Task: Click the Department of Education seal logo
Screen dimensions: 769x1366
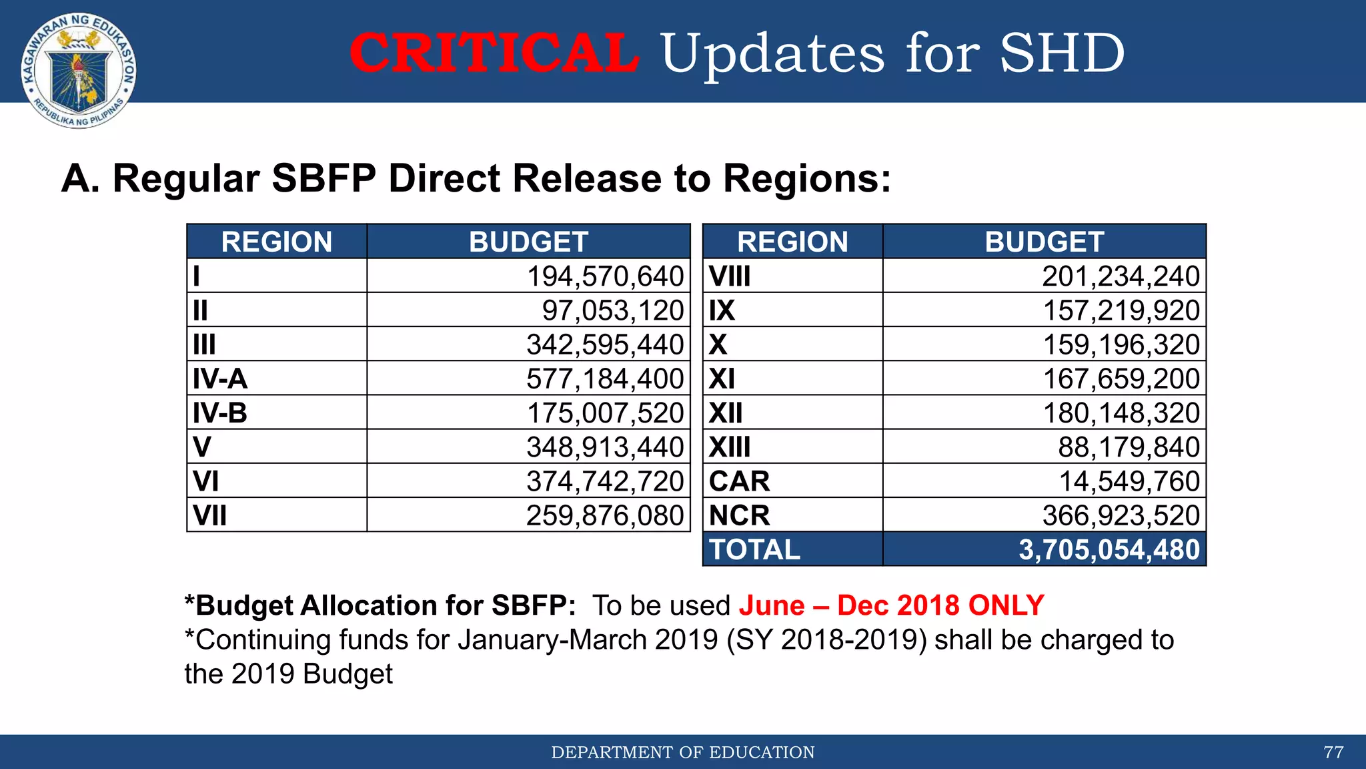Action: pyautogui.click(x=79, y=70)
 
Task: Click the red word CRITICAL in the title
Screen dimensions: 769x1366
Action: pyautogui.click(x=494, y=53)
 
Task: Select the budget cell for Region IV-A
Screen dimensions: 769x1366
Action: pyautogui.click(x=604, y=378)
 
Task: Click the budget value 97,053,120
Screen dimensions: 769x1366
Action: pyautogui.click(x=612, y=310)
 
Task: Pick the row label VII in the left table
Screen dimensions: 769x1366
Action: pyautogui.click(x=209, y=515)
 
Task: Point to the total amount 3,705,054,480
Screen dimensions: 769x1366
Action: pyautogui.click(x=1109, y=549)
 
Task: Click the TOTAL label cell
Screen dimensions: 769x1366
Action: pyautogui.click(x=754, y=549)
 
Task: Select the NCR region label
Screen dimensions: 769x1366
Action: pyautogui.click(x=739, y=515)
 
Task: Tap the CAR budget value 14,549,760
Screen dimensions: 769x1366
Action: pyautogui.click(x=1129, y=481)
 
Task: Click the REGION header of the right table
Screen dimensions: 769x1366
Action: pyautogui.click(x=792, y=242)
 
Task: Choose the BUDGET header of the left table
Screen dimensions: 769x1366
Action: pyautogui.click(x=528, y=242)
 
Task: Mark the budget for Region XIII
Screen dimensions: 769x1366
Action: pyautogui.click(x=1129, y=447)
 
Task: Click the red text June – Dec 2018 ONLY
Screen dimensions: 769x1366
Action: pyautogui.click(x=891, y=605)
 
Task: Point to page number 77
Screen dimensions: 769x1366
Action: pyautogui.click(x=1333, y=752)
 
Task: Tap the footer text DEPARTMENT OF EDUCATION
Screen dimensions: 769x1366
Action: pyautogui.click(x=682, y=752)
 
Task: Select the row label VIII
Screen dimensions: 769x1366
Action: pyautogui.click(x=729, y=276)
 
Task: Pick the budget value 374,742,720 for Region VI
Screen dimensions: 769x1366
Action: pyautogui.click(x=604, y=481)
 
